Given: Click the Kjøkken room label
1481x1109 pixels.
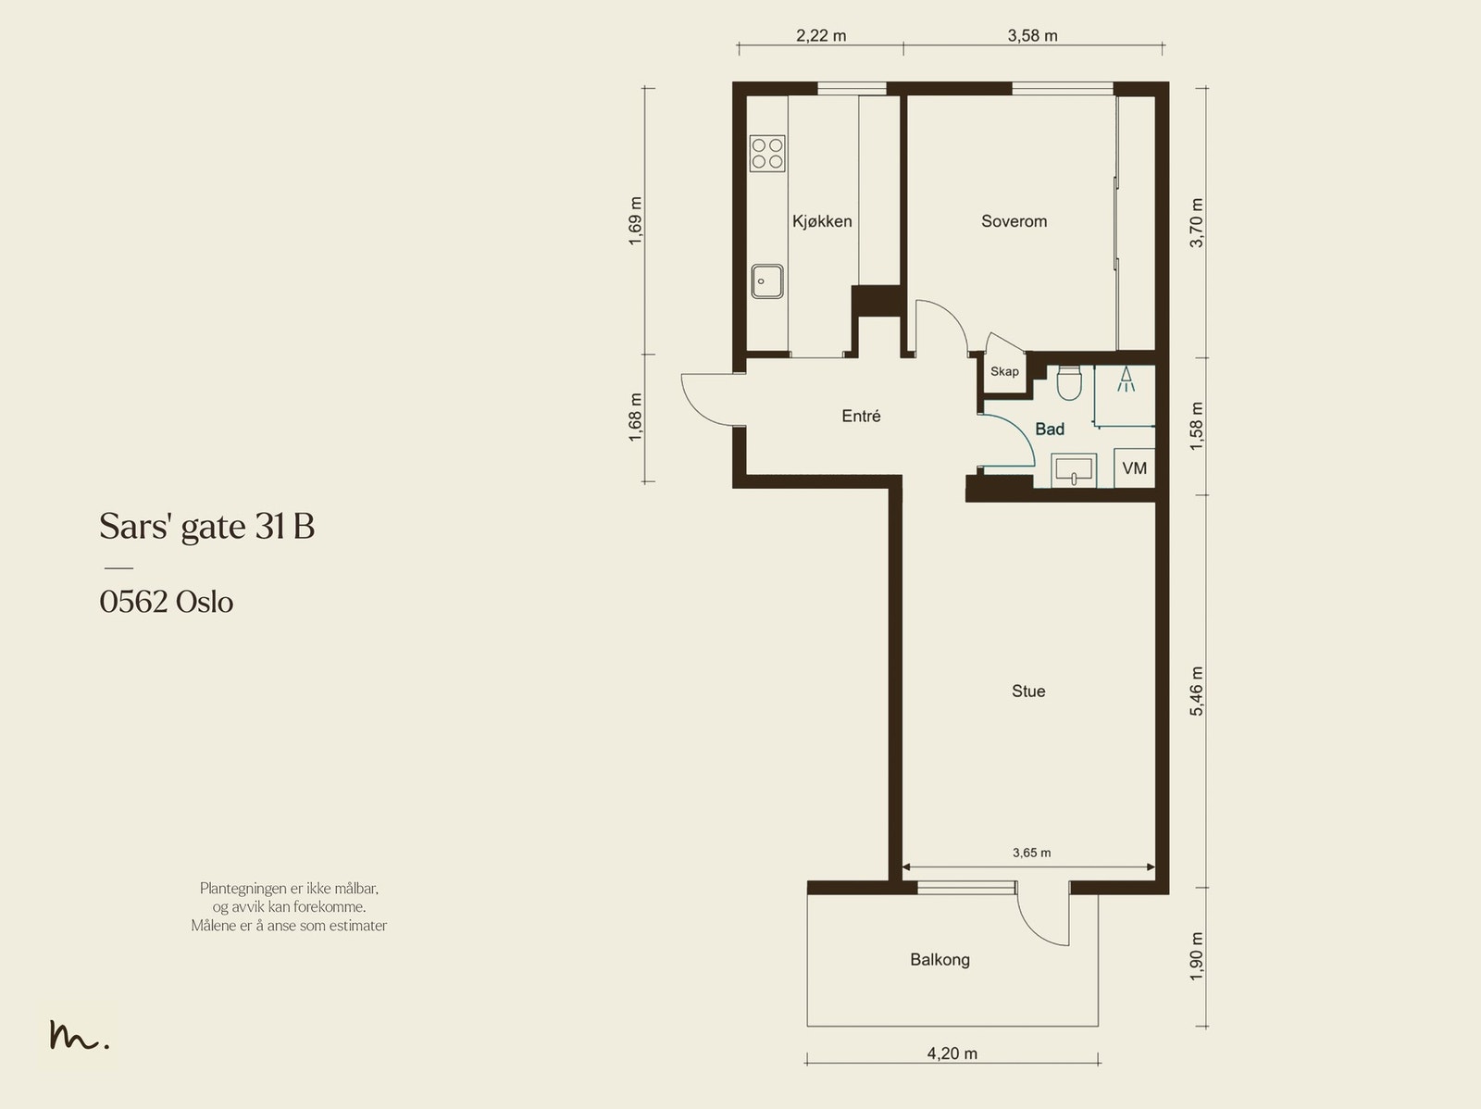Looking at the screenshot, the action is click(822, 221).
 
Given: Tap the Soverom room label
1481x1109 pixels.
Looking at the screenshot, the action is click(1014, 221).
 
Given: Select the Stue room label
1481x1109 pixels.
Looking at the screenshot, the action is click(1028, 691).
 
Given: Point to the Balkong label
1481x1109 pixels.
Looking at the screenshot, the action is click(940, 960).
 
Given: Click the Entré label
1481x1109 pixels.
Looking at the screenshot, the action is click(861, 417).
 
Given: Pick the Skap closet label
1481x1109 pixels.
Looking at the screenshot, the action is click(1004, 372).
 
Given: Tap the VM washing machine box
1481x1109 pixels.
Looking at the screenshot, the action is click(1134, 467).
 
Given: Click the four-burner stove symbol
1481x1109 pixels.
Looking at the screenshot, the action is click(767, 154).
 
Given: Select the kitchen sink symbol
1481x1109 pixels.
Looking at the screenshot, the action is click(767, 281).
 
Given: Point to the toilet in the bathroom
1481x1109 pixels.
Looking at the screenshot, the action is click(1069, 382).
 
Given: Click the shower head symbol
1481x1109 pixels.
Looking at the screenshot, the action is click(1126, 380).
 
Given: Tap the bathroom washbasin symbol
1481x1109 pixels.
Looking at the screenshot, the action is click(1074, 469).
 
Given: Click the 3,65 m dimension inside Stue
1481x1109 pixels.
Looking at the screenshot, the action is click(1032, 853).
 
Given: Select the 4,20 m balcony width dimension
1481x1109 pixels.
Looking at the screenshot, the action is click(952, 1053).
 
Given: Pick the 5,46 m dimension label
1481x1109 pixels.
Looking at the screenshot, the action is click(1196, 692).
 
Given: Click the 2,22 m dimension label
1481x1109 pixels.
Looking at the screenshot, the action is click(821, 36).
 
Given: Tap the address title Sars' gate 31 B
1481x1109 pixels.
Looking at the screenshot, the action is click(207, 527).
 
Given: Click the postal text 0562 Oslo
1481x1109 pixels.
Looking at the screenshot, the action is click(167, 602).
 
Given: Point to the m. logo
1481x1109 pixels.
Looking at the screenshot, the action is click(79, 1035).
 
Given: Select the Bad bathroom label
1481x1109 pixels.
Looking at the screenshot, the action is click(1050, 429).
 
